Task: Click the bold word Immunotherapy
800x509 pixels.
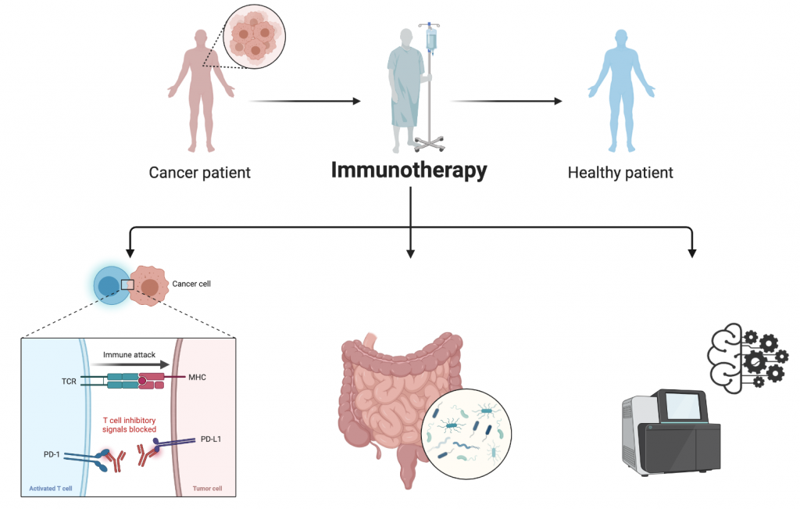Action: click(409, 170)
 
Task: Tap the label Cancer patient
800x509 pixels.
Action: click(200, 172)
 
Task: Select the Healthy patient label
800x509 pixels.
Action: click(620, 172)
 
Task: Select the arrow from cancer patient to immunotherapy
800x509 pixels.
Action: click(305, 101)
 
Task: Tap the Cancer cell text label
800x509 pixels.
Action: click(191, 284)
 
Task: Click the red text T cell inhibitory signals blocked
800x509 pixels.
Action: click(130, 425)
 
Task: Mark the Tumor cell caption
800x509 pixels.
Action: click(207, 489)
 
